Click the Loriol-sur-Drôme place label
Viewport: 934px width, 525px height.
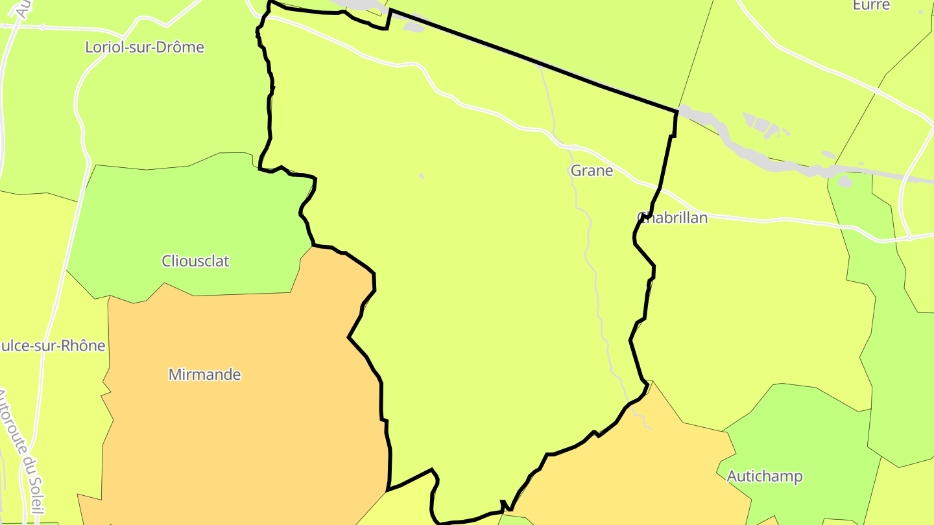click(145, 47)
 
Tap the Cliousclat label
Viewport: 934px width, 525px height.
click(195, 261)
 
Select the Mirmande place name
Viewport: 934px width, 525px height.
click(204, 375)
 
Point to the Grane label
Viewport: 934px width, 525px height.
click(592, 170)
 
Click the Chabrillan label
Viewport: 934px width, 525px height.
click(672, 218)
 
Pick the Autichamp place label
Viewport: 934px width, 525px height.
click(765, 476)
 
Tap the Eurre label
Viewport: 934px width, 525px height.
click(871, 5)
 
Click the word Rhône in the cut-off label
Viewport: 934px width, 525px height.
click(82, 345)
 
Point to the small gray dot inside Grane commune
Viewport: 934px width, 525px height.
click(421, 176)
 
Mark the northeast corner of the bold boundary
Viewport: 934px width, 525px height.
click(677, 111)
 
